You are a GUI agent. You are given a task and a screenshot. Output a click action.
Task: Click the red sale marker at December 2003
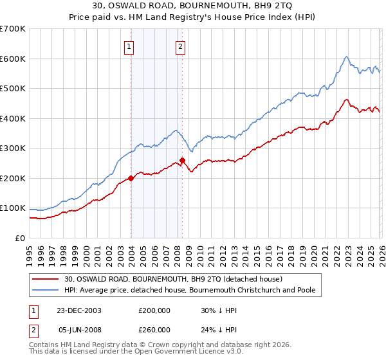[x=131, y=178]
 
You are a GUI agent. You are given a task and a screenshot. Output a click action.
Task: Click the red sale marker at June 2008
[x=182, y=160]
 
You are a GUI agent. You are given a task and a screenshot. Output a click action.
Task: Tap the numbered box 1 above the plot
[x=129, y=46]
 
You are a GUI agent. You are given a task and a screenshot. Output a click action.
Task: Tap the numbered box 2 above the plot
[x=180, y=46]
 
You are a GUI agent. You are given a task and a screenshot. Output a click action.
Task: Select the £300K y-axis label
[x=13, y=148]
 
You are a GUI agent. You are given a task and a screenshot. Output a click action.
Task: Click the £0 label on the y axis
[x=19, y=238]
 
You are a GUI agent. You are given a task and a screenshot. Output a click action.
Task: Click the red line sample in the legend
[x=46, y=279]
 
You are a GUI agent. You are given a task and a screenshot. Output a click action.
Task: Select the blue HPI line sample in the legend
[x=46, y=290]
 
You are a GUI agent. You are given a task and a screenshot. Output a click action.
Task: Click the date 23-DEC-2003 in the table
[x=80, y=310]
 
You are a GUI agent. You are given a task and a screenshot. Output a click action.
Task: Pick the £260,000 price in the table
[x=154, y=329]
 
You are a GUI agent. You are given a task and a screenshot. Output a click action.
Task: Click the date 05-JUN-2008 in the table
[x=80, y=329]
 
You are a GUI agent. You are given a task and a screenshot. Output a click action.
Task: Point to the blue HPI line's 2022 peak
[x=346, y=57]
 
